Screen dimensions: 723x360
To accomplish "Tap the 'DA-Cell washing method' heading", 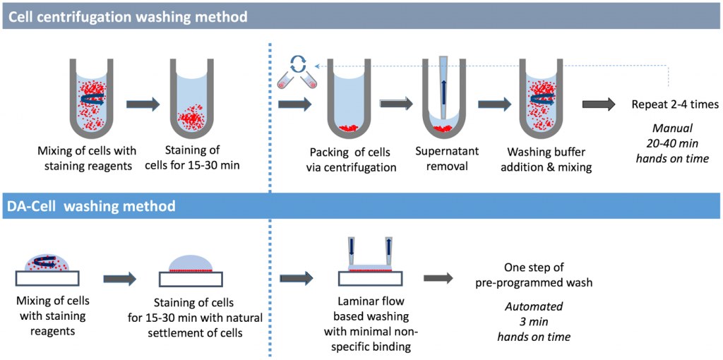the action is pos(91,205).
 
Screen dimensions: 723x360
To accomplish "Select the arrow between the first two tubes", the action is pos(143,104).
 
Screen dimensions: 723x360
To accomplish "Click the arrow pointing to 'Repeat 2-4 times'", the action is pos(599,104).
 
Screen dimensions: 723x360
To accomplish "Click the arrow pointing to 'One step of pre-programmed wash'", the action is pos(438,277).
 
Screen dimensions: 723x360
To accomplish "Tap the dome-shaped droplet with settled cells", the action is pos(191,263).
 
